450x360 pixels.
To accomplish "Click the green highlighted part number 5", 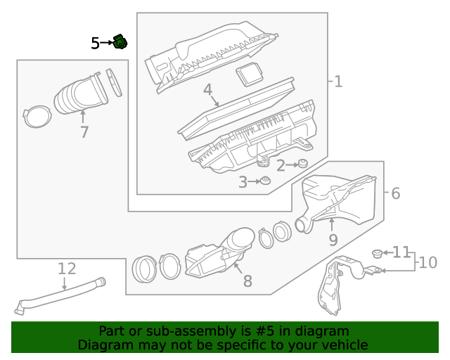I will click(121, 42).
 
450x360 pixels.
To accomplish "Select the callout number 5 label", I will click(96, 44).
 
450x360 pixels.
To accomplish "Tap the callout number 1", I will click(337, 82).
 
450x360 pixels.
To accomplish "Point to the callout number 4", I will click(208, 90).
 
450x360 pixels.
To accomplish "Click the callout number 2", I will click(280, 166).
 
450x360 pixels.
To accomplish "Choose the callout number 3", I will click(243, 183).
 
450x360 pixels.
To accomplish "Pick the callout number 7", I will click(84, 131).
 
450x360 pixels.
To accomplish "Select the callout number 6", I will click(395, 193).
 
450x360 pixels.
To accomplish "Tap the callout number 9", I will click(333, 240).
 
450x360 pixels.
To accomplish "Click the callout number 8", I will click(247, 281).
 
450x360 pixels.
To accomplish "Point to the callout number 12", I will click(66, 268).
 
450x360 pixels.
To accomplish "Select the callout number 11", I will click(401, 251).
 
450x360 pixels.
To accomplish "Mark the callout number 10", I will click(427, 263).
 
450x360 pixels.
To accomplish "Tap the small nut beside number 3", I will click(266, 182).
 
